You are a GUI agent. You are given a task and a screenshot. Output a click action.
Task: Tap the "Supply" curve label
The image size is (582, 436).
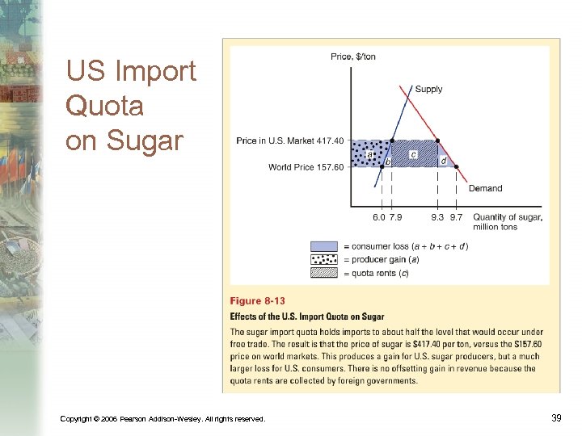[428, 89]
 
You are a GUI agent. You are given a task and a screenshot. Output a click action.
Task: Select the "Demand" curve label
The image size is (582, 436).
[485, 188]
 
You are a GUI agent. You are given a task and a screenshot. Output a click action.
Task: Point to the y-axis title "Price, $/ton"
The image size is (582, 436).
[353, 57]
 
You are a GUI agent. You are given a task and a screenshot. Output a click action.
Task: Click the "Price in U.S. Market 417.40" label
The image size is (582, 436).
[290, 141]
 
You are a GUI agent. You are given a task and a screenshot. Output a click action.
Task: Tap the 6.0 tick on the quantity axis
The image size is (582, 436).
[378, 216]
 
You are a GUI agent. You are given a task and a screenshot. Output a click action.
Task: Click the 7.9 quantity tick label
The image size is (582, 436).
[394, 216]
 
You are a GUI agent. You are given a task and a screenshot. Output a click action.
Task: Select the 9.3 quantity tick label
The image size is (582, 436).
[437, 216]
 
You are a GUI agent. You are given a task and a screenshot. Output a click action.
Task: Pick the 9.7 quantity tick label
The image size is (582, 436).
[457, 216]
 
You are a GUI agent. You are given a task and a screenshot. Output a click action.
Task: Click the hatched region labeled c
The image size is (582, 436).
[414, 153]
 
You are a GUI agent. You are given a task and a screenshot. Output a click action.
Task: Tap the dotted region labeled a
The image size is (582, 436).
[369, 153]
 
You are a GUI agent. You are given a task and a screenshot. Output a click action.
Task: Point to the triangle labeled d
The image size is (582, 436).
[443, 160]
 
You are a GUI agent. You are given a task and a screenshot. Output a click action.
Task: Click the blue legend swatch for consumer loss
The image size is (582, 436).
[324, 246]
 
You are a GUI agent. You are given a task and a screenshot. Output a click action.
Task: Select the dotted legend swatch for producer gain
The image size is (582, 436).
[324, 259]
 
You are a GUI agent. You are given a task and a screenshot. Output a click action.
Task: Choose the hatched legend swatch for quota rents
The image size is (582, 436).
[324, 272]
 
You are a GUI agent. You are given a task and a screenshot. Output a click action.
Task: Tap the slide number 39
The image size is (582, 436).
[555, 417]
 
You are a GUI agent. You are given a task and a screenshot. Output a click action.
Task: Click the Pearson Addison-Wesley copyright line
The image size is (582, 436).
[162, 417]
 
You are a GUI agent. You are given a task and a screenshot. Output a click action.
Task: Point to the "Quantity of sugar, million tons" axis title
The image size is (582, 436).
[508, 221]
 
